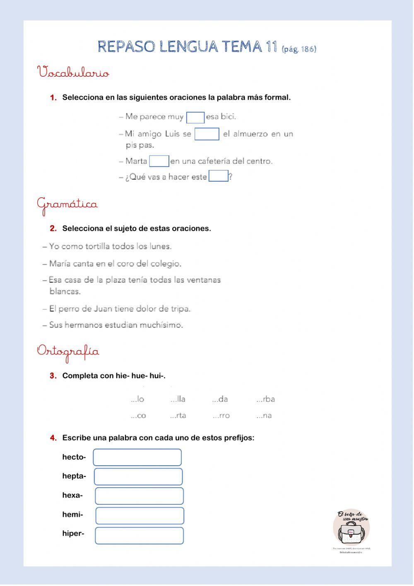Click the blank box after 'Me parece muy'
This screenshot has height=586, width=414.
tap(195, 118)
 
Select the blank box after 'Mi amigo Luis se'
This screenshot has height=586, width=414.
tap(207, 134)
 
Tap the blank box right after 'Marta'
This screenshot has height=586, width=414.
tap(159, 161)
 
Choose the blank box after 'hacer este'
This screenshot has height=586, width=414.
tap(218, 177)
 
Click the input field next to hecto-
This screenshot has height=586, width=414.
tap(137, 457)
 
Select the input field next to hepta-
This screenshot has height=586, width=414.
tap(138, 477)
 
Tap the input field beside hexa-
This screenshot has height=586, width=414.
tap(139, 496)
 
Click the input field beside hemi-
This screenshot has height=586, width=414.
tap(140, 515)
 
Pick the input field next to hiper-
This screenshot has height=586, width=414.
tap(139, 535)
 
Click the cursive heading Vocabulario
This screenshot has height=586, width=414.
tap(73, 73)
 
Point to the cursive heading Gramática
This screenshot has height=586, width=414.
tap(67, 204)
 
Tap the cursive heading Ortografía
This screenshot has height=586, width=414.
tap(68, 351)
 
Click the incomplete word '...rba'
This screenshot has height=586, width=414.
tap(265, 399)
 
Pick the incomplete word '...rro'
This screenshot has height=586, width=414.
tap(221, 416)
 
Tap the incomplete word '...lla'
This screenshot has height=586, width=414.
tap(178, 399)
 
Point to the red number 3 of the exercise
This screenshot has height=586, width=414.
tap(53, 376)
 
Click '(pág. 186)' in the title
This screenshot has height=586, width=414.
tap(298, 49)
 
